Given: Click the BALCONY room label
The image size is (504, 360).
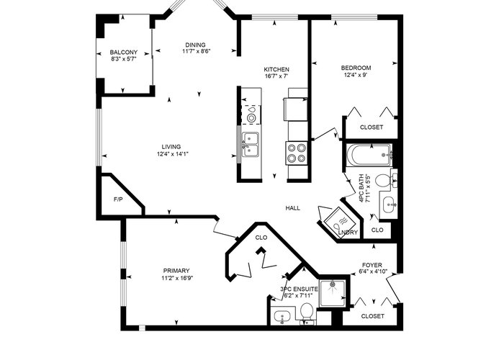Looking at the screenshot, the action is pyautogui.click(x=123, y=52).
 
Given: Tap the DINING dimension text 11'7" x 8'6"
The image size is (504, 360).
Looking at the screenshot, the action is pyautogui.click(x=197, y=51).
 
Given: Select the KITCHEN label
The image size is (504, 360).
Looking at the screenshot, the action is pyautogui.click(x=276, y=69).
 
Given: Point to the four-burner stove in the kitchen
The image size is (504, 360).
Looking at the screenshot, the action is pyautogui.click(x=297, y=153).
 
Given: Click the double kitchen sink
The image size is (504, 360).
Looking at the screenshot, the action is pyautogui.click(x=251, y=145).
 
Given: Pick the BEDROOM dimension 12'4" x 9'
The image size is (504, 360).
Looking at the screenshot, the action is pyautogui.click(x=356, y=75).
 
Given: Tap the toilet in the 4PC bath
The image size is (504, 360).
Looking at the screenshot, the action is pyautogui.click(x=384, y=181).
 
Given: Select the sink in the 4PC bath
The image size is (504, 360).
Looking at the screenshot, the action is pyautogui.click(x=390, y=204).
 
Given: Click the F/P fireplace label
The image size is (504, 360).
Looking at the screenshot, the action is pyautogui.click(x=118, y=199).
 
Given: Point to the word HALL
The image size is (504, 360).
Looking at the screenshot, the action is pyautogui.click(x=293, y=208).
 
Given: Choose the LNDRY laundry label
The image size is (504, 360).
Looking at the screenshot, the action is pyautogui.click(x=348, y=233).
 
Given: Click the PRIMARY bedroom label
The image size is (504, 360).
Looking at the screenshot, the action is pyautogui.click(x=176, y=271).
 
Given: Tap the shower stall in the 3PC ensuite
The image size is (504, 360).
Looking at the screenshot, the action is pyautogui.click(x=333, y=293).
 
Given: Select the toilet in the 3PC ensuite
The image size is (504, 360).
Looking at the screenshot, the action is pyautogui.click(x=307, y=312).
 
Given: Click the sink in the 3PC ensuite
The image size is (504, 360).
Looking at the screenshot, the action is pyautogui.click(x=282, y=316).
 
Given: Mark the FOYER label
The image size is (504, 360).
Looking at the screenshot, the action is pyautogui.click(x=372, y=265).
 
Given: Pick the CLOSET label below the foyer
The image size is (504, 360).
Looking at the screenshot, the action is pyautogui.click(x=372, y=316).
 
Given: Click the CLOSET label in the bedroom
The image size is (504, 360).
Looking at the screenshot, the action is pyautogui.click(x=372, y=127).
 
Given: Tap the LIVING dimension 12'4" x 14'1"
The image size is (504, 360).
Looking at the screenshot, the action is pyautogui.click(x=172, y=154).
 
